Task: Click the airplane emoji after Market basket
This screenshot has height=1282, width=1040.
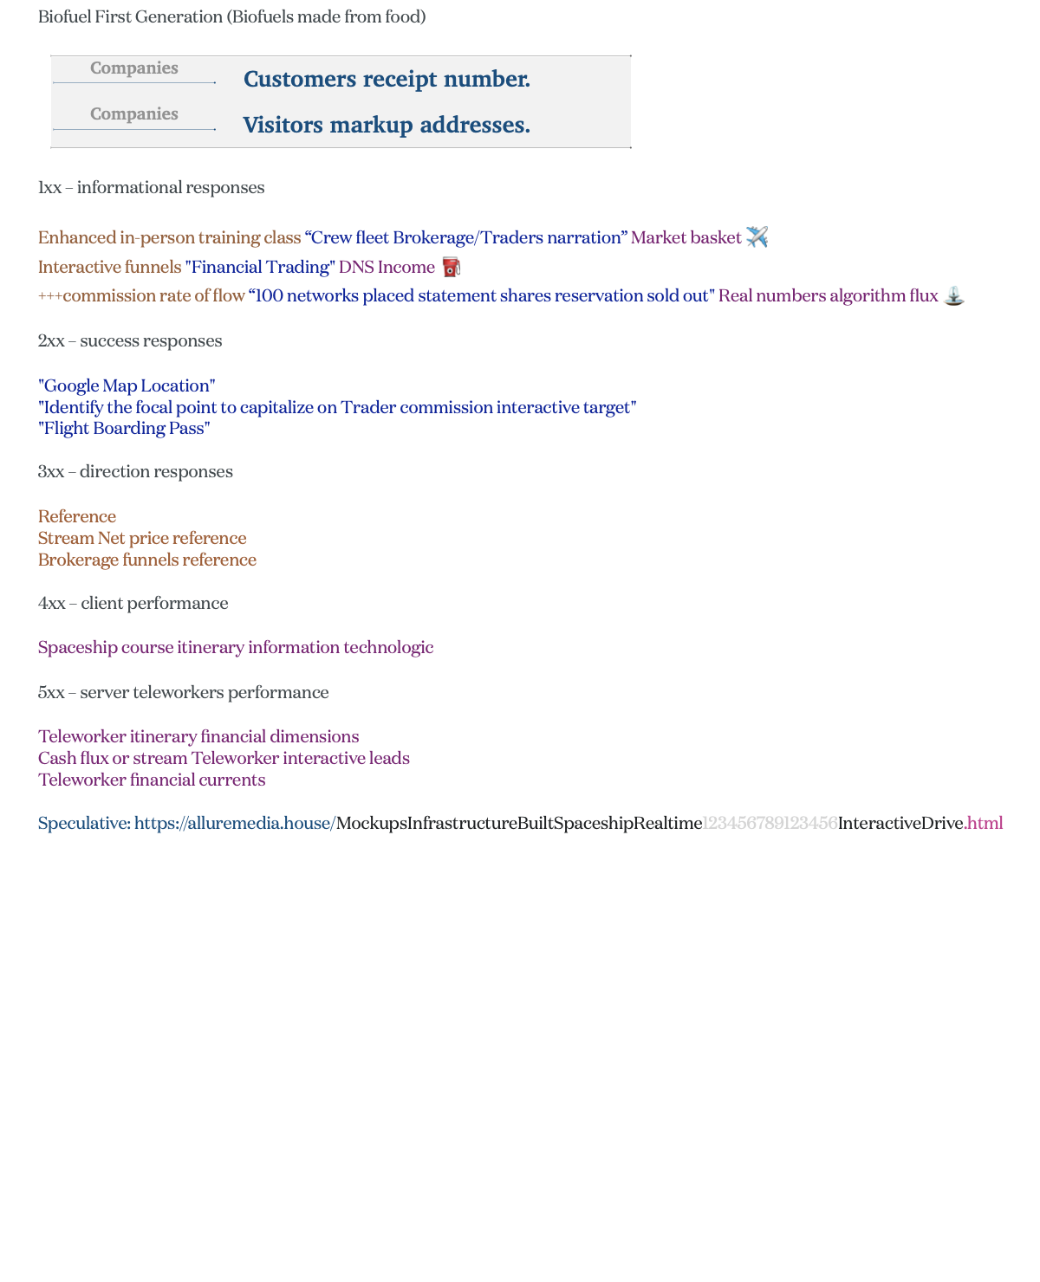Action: click(757, 236)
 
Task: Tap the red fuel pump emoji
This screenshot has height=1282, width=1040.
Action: click(451, 267)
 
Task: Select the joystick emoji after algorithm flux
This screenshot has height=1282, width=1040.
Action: click(953, 295)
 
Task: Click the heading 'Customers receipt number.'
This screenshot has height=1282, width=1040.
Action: click(387, 79)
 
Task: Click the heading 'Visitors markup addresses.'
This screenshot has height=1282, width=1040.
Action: click(387, 125)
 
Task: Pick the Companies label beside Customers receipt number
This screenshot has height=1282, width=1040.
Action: click(134, 68)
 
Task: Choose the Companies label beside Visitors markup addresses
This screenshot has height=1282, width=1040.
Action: click(134, 114)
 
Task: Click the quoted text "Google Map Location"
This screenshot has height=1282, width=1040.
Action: click(127, 385)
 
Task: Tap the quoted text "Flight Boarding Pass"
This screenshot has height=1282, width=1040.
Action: click(124, 428)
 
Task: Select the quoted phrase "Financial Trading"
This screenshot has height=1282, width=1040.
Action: click(260, 267)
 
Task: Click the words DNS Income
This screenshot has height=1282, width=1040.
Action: click(387, 267)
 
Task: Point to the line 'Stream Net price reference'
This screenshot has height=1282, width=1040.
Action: click(142, 538)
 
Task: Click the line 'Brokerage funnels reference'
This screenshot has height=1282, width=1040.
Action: click(147, 560)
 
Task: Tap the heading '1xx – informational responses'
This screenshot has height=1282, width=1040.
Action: click(152, 187)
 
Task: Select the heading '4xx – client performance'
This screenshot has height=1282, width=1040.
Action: click(133, 603)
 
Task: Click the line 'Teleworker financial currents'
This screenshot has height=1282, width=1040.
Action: click(152, 780)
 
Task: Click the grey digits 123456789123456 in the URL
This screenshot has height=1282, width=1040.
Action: click(770, 823)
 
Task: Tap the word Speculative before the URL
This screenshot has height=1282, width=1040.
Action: click(83, 823)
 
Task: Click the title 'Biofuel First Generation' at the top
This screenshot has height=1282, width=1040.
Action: click(130, 16)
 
